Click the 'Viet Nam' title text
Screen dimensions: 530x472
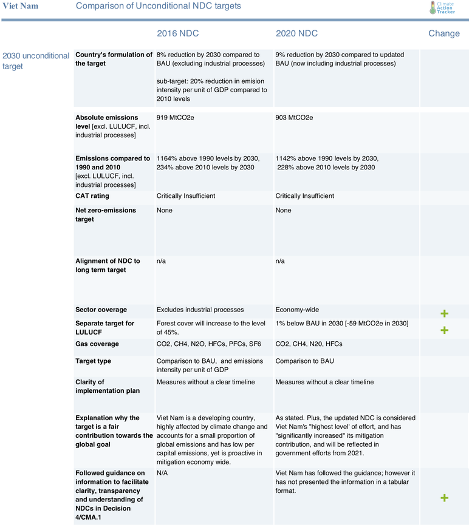click(20, 6)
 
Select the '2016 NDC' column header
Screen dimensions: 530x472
click(177, 33)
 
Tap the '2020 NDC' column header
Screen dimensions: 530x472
click(296, 33)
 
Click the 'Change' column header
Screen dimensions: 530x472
click(444, 33)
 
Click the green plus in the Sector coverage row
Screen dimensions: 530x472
click(444, 313)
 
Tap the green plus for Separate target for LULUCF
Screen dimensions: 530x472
click(444, 330)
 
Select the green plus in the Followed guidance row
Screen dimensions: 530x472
click(444, 498)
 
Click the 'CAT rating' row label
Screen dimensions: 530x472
click(92, 196)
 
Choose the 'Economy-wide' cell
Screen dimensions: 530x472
click(298, 310)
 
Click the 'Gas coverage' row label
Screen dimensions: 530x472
click(97, 344)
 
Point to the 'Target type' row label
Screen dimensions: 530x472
click(94, 361)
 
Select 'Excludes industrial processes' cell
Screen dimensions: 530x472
click(200, 310)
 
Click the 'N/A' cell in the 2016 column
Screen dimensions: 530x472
click(162, 472)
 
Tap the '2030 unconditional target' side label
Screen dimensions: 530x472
click(36, 61)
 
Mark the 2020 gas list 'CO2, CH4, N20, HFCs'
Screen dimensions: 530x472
click(309, 344)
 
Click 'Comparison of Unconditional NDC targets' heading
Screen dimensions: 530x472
click(158, 6)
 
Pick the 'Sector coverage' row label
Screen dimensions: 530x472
click(101, 310)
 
